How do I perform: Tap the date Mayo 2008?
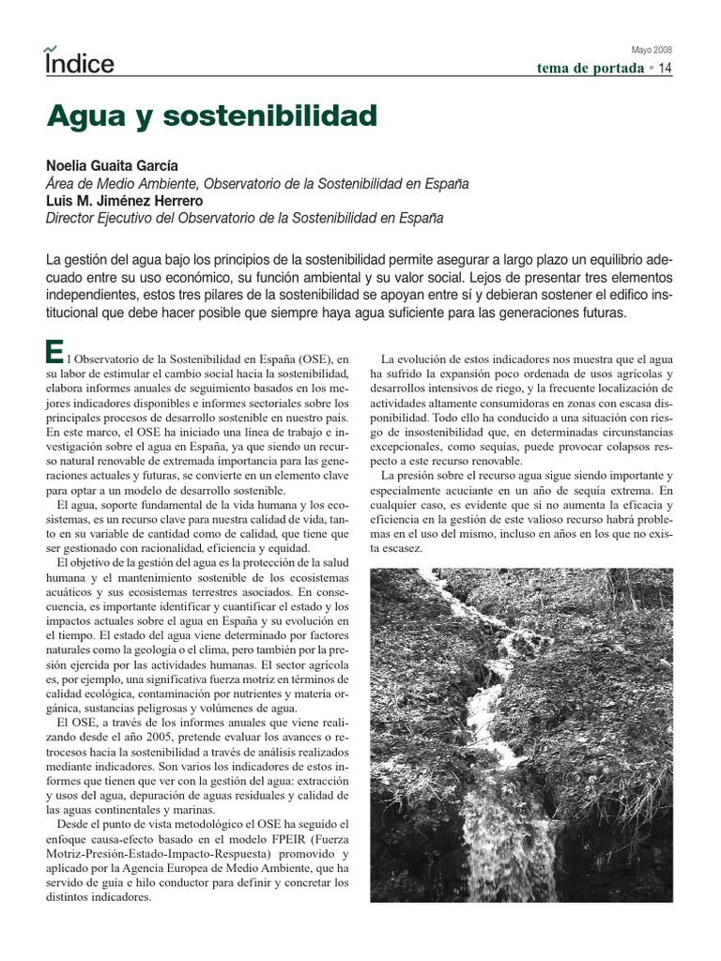pos(650,50)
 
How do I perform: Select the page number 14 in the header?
pos(665,68)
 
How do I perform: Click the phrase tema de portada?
pos(591,69)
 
